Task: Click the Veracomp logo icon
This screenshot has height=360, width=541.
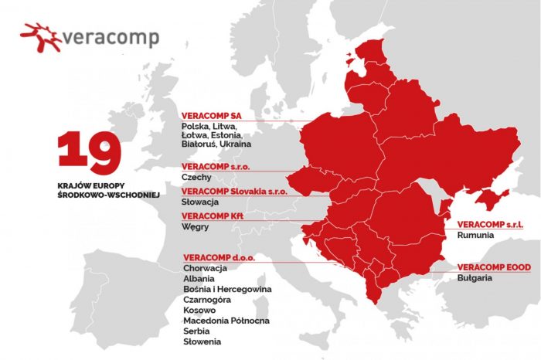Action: click(x=41, y=36)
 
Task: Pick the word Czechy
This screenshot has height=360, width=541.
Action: click(x=196, y=178)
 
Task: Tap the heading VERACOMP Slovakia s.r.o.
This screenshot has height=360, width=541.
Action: click(x=234, y=191)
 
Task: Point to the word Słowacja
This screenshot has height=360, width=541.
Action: click(x=201, y=202)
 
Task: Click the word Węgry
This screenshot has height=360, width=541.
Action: click(x=196, y=228)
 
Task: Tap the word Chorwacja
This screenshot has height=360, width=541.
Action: click(x=206, y=268)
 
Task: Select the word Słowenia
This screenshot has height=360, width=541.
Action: click(x=202, y=341)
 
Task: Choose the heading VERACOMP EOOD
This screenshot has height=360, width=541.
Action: click(x=492, y=266)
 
